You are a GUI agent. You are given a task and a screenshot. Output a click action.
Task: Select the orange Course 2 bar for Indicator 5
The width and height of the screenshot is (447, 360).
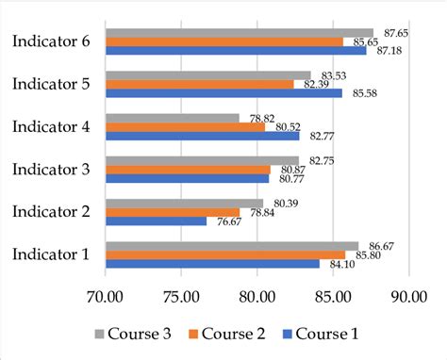point(199,84)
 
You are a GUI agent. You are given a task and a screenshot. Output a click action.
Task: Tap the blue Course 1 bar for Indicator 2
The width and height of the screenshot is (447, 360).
point(156,221)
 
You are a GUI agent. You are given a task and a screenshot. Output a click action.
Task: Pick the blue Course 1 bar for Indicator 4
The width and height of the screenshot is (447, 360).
point(202,136)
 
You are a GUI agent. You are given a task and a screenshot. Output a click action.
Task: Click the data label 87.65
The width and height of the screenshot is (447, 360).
point(395,33)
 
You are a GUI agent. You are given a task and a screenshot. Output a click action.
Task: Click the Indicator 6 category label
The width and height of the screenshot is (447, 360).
point(51,41)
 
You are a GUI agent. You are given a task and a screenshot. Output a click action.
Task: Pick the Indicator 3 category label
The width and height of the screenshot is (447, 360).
point(51,169)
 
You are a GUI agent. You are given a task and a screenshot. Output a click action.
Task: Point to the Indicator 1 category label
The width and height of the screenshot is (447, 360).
point(51,254)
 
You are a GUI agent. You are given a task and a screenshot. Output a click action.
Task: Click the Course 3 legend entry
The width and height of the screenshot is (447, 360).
point(133,333)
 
